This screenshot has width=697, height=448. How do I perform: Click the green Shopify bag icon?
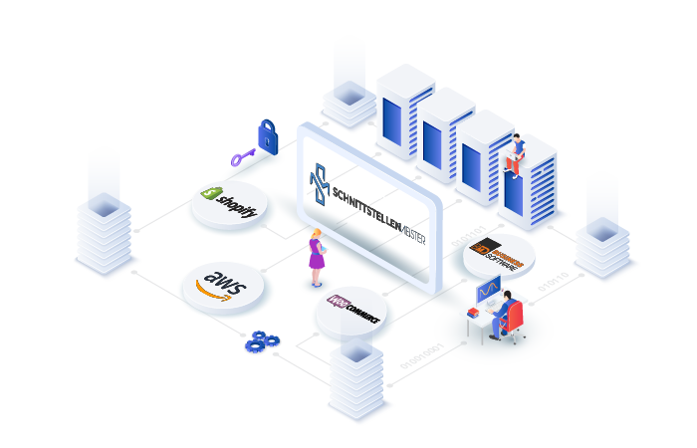(x=211, y=194)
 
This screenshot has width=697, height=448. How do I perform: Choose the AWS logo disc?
(x=222, y=286)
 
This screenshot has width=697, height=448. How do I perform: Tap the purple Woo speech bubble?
(x=338, y=301)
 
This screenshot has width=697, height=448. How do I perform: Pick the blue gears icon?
(x=261, y=340)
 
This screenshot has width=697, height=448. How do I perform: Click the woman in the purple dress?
(x=316, y=257)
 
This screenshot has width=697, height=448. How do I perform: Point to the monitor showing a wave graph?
(x=490, y=292)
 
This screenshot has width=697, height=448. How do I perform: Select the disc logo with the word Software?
(x=499, y=255)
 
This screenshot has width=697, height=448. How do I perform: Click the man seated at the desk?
(x=503, y=312)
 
